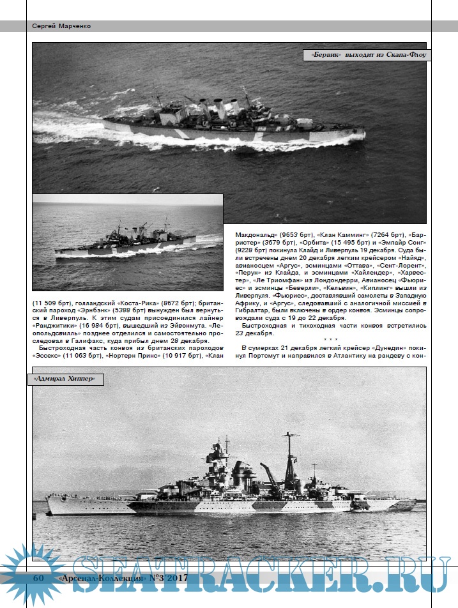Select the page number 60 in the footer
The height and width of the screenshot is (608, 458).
(38, 577)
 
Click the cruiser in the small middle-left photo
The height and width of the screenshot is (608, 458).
(125, 241)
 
